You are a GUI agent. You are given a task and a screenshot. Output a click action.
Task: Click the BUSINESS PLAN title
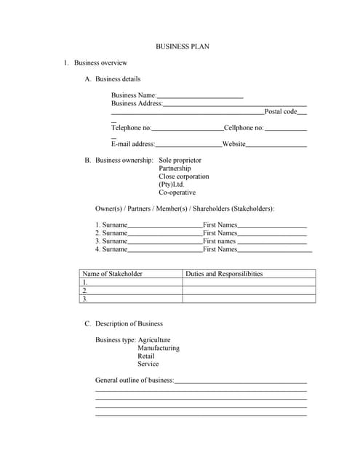point(183,46)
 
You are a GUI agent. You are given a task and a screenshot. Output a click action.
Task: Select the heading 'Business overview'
point(100,62)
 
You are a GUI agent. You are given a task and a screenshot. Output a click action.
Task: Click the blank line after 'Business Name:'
point(200,96)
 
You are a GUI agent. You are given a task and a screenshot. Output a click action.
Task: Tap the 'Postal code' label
point(281,111)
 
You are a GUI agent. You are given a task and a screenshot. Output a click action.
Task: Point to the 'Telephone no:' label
point(131,128)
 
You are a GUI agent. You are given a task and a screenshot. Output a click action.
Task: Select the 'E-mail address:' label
point(133,144)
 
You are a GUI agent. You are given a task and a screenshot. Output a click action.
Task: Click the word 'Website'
point(234,144)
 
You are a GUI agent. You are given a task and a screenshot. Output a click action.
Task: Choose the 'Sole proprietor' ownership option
point(180,160)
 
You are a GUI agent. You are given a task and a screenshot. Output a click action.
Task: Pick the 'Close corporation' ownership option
point(183,177)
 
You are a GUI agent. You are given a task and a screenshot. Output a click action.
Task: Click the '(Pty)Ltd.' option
point(172,185)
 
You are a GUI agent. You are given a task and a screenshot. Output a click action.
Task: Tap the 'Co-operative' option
point(177,193)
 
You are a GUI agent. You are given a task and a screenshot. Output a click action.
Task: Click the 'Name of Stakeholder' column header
point(113,274)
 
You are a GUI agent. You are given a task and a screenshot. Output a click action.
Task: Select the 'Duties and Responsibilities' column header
point(224,274)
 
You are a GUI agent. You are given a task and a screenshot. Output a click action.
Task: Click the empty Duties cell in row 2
point(249,290)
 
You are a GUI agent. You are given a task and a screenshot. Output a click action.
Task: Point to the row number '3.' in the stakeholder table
point(85,299)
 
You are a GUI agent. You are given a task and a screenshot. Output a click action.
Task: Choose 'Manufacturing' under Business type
point(158,348)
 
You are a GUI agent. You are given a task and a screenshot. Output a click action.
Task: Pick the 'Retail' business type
point(146,356)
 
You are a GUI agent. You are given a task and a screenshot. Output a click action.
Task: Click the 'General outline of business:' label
point(135,380)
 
